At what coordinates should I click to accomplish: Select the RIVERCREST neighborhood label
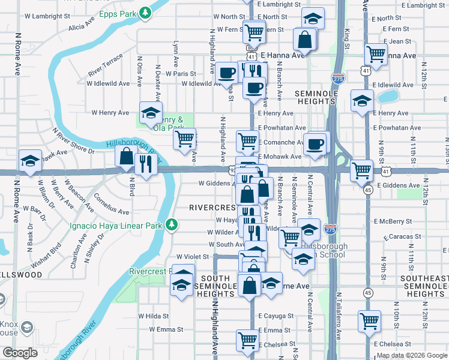(x=211, y=208)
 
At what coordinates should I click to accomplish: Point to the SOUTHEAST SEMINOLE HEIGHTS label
(x=424, y=286)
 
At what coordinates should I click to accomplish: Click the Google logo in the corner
(x=19, y=353)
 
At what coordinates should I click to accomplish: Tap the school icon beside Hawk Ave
(x=30, y=161)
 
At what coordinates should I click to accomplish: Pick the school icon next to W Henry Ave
(x=151, y=113)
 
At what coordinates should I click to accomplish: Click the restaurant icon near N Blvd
(x=146, y=165)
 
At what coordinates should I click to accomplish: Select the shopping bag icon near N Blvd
(x=127, y=158)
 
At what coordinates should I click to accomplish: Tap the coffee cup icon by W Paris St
(x=227, y=74)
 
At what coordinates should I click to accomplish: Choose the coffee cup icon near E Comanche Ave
(x=315, y=144)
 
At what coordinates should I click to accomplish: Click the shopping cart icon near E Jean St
(x=376, y=54)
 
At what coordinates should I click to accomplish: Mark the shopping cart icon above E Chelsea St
(x=369, y=321)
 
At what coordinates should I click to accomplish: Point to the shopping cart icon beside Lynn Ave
(x=184, y=139)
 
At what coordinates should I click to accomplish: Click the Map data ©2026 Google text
(x=412, y=355)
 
